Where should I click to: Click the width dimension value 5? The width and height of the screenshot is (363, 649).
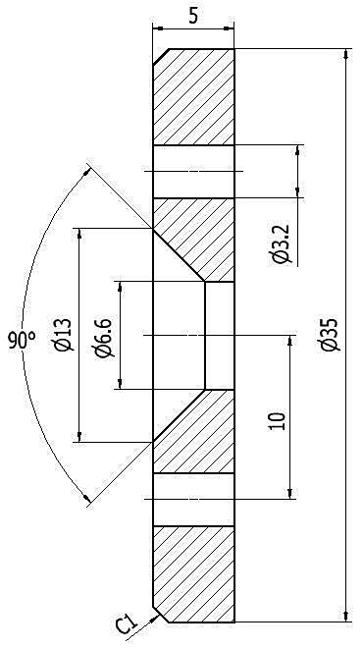pos(193,16)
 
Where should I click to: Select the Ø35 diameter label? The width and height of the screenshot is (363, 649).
pos(332,335)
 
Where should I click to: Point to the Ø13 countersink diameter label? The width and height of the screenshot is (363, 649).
pos(65,335)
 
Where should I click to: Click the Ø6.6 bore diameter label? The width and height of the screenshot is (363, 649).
pos(103,338)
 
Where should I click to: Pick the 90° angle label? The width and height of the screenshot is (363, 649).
pos(22,341)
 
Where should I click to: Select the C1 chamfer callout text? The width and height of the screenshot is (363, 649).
pos(126,624)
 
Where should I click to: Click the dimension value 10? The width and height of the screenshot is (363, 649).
pos(277,421)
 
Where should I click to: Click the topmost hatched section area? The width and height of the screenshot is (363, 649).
pos(193,97)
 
